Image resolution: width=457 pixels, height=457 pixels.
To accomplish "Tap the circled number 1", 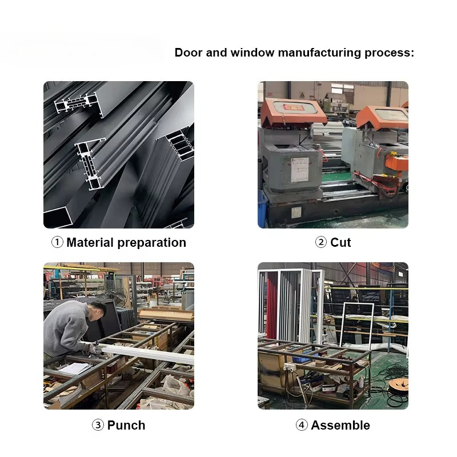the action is pyautogui.click(x=58, y=242).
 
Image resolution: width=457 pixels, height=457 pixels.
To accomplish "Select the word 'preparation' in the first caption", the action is pyautogui.click(x=151, y=243).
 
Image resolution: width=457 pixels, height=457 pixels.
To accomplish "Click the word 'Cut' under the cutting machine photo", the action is pyautogui.click(x=340, y=242).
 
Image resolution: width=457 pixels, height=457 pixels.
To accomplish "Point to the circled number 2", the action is pyautogui.click(x=321, y=242).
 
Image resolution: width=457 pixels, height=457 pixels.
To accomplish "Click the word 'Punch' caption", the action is pyautogui.click(x=126, y=425).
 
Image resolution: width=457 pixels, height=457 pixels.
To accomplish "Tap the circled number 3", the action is pyautogui.click(x=98, y=425).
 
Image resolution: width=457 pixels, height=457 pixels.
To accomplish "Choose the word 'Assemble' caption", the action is pyautogui.click(x=340, y=425).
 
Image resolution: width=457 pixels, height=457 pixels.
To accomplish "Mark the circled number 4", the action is pyautogui.click(x=302, y=425).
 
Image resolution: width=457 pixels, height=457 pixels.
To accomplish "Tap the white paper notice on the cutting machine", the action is pyautogui.click(x=300, y=170).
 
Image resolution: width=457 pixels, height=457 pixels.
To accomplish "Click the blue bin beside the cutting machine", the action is pyautogui.click(x=262, y=209).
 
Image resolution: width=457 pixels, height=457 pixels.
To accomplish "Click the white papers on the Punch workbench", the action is pyautogui.click(x=74, y=368).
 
